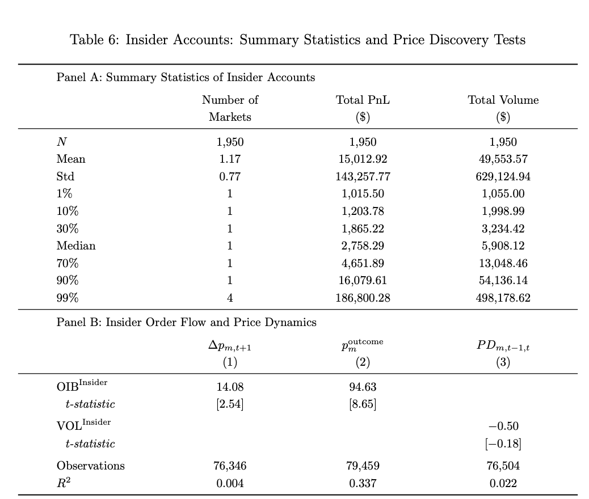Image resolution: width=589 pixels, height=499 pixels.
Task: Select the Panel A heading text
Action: pos(186,78)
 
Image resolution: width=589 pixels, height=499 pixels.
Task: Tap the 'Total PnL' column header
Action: pos(363,100)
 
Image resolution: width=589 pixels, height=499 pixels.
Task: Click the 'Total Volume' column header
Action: pos(503,100)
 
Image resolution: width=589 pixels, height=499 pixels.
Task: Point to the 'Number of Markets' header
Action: pos(230,108)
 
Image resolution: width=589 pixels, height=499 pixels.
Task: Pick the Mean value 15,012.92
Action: pos(363,159)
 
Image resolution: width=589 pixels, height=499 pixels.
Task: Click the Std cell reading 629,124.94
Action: pos(503,176)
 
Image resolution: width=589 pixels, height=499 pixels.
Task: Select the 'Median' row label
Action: pos(76,246)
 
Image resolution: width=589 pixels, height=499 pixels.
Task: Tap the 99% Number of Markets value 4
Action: pos(230,298)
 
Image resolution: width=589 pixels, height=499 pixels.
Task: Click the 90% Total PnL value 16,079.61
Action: pos(363,281)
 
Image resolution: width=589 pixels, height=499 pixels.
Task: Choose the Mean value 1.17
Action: pos(230,159)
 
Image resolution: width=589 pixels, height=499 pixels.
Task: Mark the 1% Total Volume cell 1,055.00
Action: pos(503,194)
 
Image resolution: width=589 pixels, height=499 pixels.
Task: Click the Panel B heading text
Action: pos(186,323)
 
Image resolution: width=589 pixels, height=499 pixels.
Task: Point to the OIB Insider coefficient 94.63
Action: pos(363,387)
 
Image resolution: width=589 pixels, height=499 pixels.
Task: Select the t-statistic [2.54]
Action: pos(230,404)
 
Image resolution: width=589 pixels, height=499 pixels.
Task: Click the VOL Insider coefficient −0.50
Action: pos(503,426)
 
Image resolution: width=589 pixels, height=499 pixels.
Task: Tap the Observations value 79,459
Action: pos(363,466)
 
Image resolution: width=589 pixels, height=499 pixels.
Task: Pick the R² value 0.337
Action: pos(363,484)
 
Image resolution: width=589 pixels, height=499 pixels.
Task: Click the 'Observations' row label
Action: pos(90,466)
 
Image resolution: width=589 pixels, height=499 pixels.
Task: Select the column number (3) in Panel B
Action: pos(503,362)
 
